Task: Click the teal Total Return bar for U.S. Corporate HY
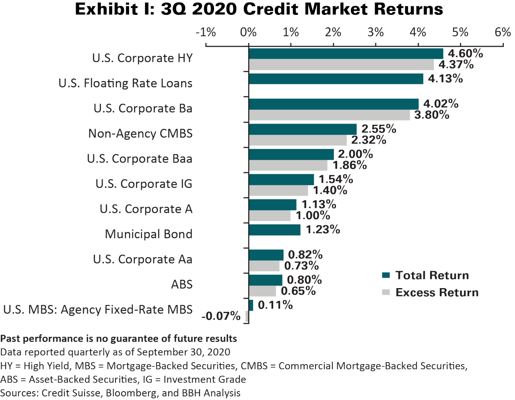(346, 54)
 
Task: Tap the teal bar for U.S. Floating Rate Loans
(336, 79)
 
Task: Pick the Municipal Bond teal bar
(274, 230)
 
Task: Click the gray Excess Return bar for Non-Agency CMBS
(298, 140)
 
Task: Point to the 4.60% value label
(466, 53)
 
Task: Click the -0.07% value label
(221, 316)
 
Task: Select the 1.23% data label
(323, 229)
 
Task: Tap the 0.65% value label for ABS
(298, 291)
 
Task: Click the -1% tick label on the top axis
(206, 32)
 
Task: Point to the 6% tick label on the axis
(503, 32)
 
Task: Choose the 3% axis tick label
(375, 32)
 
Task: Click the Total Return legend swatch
(386, 276)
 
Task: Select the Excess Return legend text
(437, 293)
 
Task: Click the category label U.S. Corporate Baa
(140, 159)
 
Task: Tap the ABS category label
(181, 285)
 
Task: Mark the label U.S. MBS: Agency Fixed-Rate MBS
(98, 310)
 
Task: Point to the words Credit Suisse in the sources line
(70, 393)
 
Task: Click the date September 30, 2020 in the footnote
(183, 352)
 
